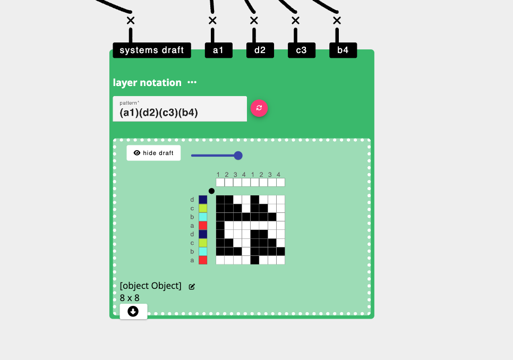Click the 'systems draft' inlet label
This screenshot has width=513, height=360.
[x=152, y=50]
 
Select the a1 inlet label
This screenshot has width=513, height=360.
[x=218, y=50]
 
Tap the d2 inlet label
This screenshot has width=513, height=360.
[x=260, y=50]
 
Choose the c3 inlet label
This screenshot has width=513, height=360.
[x=301, y=50]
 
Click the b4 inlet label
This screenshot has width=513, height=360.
[x=343, y=50]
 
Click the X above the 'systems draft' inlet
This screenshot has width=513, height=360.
[x=131, y=21]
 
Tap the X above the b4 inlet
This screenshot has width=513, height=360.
[x=337, y=21]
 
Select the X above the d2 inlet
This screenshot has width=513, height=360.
[x=254, y=21]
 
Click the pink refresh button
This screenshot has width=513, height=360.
[x=259, y=108]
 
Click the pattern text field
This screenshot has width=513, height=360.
[x=179, y=109]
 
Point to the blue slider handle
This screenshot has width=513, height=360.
[x=238, y=156]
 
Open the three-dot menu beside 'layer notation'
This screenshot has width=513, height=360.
[x=192, y=82]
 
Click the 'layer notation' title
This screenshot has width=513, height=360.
[x=147, y=82]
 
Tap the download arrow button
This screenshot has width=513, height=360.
[x=133, y=311]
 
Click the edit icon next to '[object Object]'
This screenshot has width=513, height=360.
[x=192, y=287]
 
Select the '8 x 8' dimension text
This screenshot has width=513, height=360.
[x=130, y=298]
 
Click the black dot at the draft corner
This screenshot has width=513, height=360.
[x=211, y=191]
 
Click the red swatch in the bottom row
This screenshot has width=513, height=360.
[x=203, y=260]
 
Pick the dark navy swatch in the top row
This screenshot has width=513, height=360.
[x=203, y=200]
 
